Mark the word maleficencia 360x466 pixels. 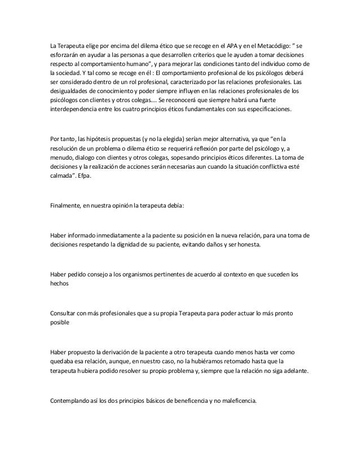click(x=235, y=401)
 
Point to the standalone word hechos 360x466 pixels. click(x=60, y=285)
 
